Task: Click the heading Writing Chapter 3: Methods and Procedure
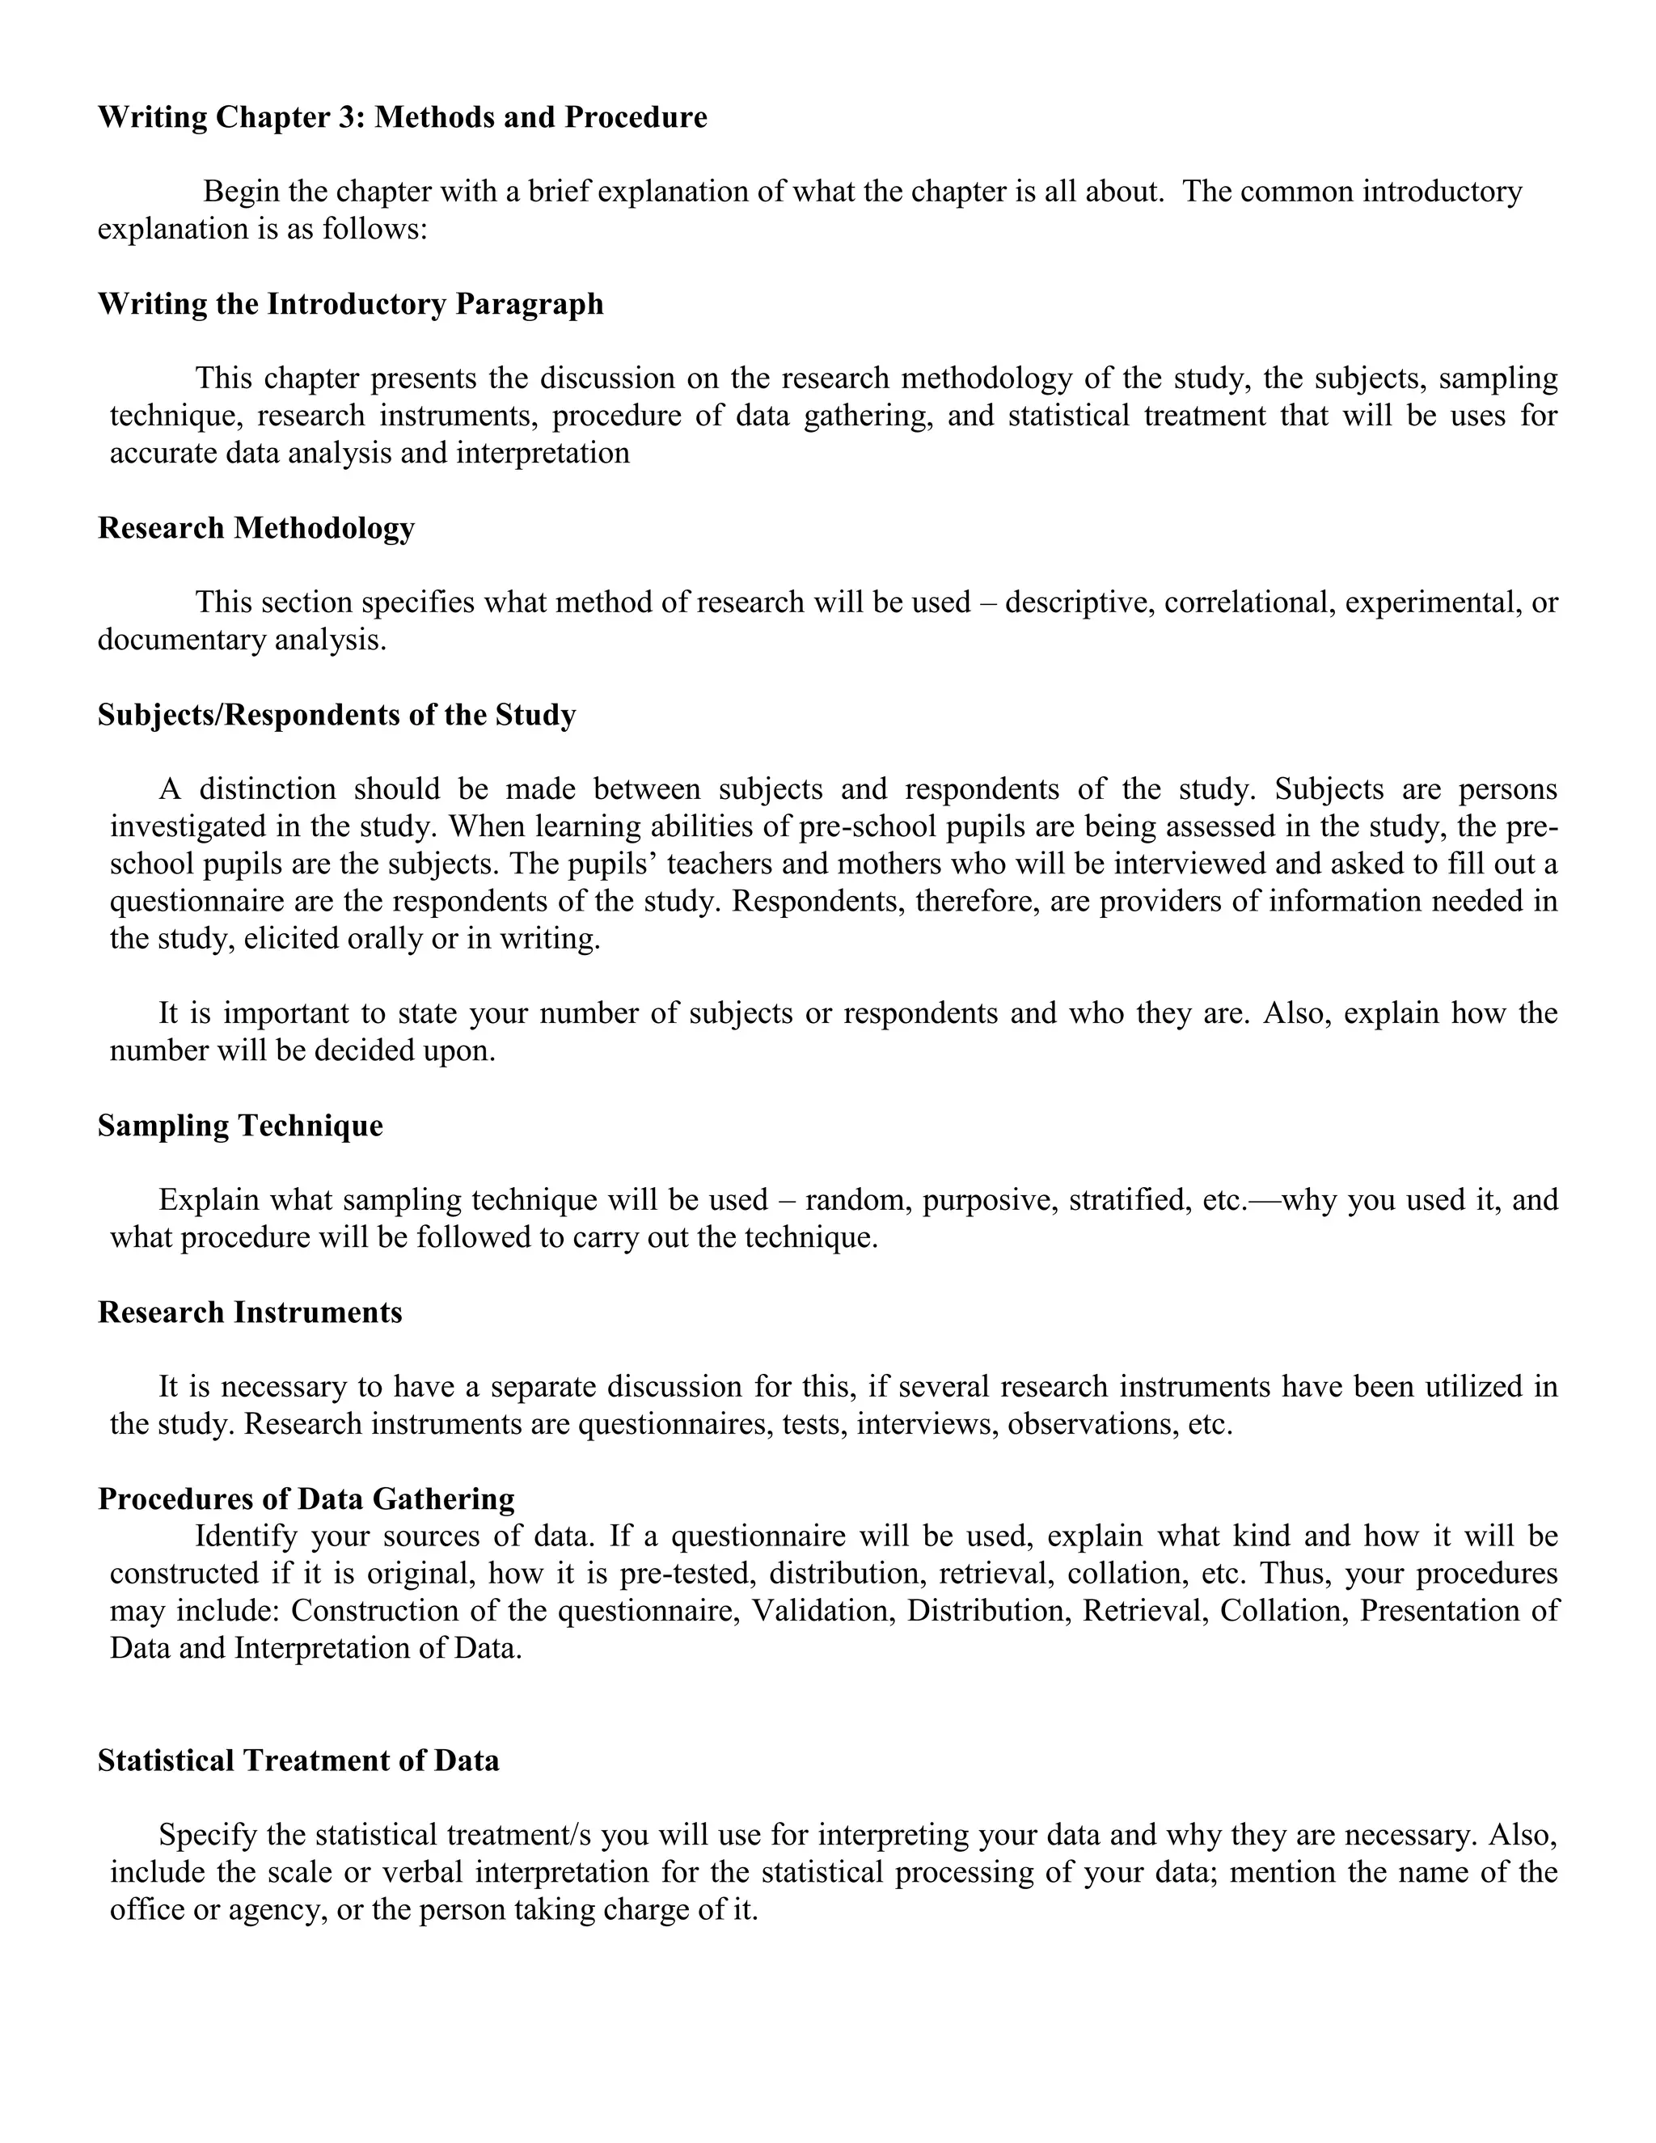402,118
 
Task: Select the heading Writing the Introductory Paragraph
350,304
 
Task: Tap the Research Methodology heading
256,528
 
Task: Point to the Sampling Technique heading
240,1126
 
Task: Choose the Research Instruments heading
250,1312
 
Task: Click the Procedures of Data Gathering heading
306,1498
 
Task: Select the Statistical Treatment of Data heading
298,1760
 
